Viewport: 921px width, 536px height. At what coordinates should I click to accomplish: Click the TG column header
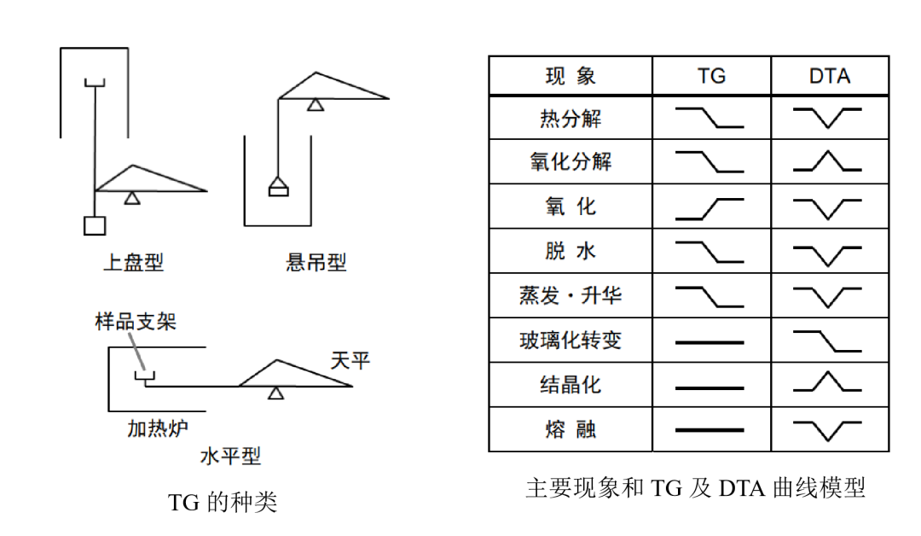point(711,76)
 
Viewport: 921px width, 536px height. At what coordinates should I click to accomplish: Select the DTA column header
point(829,76)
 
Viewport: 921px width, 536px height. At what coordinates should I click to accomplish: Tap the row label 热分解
point(571,118)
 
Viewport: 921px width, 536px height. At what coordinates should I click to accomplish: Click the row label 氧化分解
point(571,161)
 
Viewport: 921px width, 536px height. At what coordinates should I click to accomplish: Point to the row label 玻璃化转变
point(571,341)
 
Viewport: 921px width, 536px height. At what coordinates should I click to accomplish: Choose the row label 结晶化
point(571,384)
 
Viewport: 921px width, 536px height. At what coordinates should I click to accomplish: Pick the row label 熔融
point(571,428)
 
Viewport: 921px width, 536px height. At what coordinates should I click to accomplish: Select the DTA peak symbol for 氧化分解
point(827,161)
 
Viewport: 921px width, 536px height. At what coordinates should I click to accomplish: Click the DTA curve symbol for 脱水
point(827,253)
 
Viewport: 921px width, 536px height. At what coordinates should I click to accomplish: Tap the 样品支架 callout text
point(136,322)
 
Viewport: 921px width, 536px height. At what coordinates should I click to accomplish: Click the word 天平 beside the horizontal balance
point(350,360)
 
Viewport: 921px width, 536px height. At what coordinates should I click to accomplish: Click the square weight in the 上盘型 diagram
point(94,225)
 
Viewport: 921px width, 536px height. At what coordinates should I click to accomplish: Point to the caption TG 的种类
point(223,502)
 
